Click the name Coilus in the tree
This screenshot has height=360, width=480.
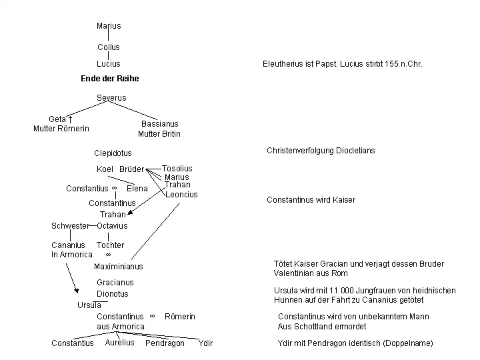(x=109, y=47)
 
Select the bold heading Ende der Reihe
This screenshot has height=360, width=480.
(x=110, y=79)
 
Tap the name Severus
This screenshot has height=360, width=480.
(x=111, y=98)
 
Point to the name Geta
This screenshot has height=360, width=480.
(x=57, y=119)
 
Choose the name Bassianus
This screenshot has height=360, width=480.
(x=160, y=124)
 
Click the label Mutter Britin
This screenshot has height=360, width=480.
(x=159, y=134)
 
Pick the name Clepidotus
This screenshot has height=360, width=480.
(x=113, y=153)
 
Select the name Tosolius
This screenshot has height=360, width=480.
(x=177, y=169)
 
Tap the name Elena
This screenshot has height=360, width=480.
(x=137, y=189)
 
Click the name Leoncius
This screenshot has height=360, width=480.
(x=181, y=195)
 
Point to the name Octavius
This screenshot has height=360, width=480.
(x=112, y=226)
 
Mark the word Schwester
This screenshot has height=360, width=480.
(x=70, y=226)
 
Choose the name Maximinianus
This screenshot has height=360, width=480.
(x=119, y=267)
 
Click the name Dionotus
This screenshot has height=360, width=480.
(x=113, y=294)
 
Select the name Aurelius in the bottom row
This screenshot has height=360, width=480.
(x=119, y=343)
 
